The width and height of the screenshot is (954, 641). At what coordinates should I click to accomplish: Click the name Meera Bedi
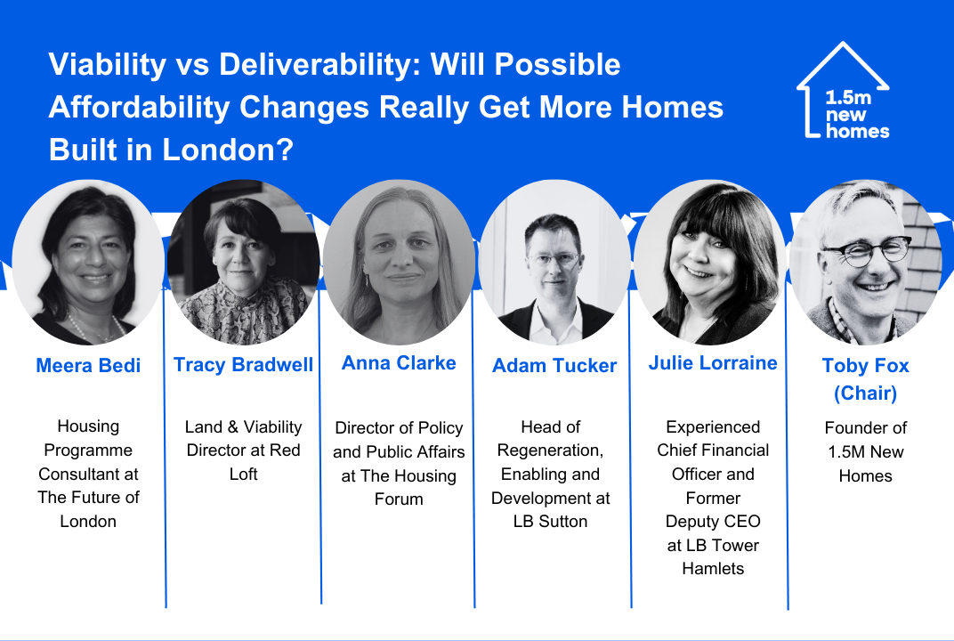(x=88, y=365)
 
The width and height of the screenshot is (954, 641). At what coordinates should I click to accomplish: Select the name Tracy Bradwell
(x=243, y=364)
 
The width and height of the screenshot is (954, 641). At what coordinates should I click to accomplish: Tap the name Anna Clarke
(x=399, y=363)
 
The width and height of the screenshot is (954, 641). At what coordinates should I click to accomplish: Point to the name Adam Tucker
(x=554, y=365)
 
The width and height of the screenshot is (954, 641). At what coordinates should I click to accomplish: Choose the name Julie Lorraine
(x=713, y=363)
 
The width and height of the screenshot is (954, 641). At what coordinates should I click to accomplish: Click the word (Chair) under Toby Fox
(x=865, y=394)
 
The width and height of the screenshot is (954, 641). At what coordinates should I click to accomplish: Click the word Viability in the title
(x=107, y=65)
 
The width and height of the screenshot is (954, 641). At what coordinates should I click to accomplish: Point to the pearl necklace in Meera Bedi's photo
(x=97, y=329)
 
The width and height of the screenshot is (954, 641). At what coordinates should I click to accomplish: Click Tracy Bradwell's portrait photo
(x=243, y=263)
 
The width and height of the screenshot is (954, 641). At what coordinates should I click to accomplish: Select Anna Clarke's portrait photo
(x=399, y=263)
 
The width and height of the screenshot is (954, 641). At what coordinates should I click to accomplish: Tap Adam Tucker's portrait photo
(x=554, y=261)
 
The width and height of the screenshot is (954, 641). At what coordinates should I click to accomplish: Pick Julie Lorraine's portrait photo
(x=710, y=263)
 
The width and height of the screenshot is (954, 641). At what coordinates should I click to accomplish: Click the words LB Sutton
(x=551, y=522)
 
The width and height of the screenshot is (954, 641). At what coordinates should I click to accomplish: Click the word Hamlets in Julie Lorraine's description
(x=713, y=569)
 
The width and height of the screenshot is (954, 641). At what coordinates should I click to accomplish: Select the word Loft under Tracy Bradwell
(x=243, y=475)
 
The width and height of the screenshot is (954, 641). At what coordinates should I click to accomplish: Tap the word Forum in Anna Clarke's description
(x=399, y=499)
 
